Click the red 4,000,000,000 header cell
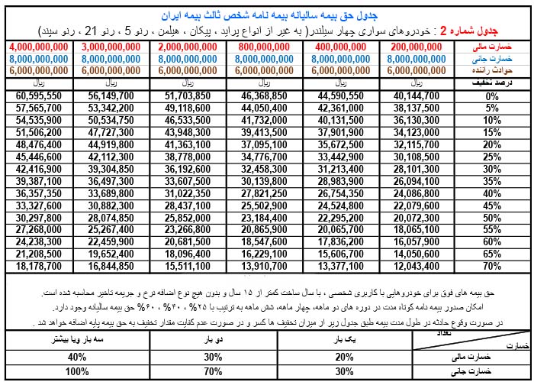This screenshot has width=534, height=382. (38, 47)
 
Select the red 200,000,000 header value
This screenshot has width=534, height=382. (415, 47)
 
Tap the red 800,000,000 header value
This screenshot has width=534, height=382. (264, 47)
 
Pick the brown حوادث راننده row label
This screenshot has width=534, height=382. (497, 68)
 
